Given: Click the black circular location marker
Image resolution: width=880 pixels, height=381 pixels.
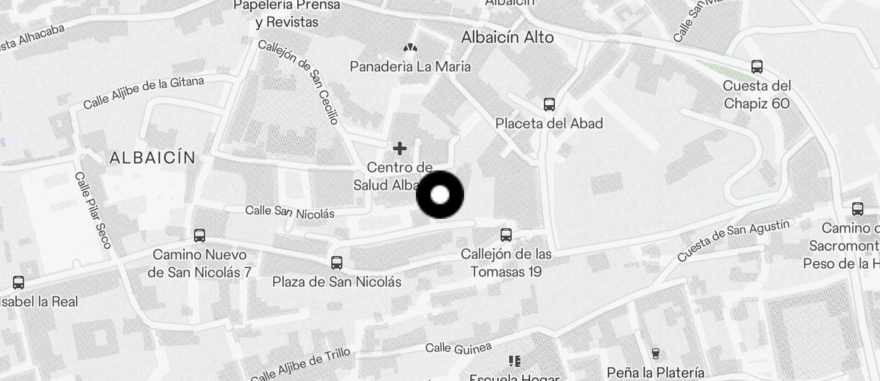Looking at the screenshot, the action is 440,195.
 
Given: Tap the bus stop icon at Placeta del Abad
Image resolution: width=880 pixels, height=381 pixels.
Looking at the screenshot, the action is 549,104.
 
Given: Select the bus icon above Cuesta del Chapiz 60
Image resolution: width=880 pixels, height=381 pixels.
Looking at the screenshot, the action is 756,66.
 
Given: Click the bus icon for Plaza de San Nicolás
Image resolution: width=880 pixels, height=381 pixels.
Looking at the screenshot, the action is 337,262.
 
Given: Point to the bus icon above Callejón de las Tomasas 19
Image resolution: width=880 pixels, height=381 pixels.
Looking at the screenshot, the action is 506,234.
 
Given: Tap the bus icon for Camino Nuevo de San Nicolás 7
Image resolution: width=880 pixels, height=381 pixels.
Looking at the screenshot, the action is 199,235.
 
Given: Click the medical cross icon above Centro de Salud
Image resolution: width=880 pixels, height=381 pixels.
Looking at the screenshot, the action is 400,148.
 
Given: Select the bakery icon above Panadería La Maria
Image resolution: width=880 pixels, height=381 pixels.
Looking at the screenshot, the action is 410,48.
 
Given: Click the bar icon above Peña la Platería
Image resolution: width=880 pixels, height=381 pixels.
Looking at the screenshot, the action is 656,353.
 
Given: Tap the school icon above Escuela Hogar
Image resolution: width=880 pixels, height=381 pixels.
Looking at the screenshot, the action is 514,360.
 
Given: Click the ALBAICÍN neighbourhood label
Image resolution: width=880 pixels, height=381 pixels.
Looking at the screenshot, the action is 153,158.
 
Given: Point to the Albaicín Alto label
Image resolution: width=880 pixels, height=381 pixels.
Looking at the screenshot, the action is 507,38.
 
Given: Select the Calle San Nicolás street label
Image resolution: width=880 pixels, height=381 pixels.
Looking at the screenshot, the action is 290,212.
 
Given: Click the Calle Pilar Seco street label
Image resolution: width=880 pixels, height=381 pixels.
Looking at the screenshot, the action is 93,210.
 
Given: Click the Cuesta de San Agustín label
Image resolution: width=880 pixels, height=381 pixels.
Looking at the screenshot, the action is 733,241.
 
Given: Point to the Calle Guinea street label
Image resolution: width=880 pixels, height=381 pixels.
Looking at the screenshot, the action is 458,348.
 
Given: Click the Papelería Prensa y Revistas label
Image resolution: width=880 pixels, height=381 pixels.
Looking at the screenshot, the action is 287,14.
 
